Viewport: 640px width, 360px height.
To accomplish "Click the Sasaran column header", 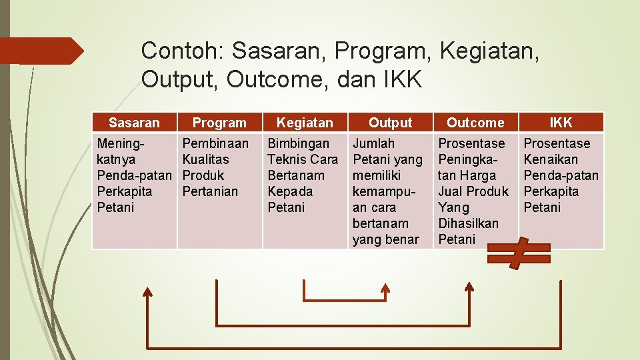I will [x=134, y=123].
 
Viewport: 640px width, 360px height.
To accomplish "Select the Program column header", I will [x=219, y=123].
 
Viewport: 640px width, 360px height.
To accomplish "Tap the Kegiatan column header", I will [x=305, y=123].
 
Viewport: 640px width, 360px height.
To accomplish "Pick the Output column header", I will [x=390, y=123].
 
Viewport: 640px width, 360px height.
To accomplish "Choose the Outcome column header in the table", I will [x=475, y=123].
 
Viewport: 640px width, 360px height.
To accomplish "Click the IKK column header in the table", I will [x=561, y=123].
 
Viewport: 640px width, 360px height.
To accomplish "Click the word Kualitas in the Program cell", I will [x=205, y=159].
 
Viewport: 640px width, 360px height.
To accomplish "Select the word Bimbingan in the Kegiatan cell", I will [x=298, y=143].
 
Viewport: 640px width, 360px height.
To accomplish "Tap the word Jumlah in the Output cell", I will [x=373, y=143].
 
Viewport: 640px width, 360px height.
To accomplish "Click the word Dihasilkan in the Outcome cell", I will [x=468, y=223].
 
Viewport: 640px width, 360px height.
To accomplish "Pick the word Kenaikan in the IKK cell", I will [x=551, y=159].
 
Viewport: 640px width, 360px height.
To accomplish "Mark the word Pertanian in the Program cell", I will [x=210, y=191].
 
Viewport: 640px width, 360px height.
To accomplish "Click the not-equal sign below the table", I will [x=519, y=253].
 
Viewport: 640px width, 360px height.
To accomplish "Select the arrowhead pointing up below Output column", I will [x=385, y=287].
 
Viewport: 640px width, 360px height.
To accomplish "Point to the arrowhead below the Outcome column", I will [x=469, y=287].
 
